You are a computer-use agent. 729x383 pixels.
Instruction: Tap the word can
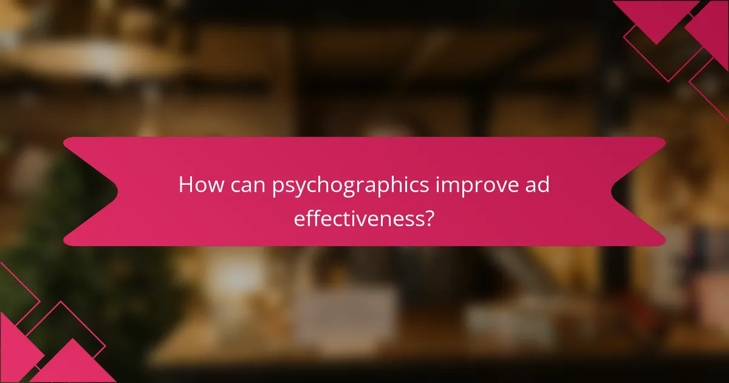click(245, 185)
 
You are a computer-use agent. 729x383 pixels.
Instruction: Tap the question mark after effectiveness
click(429, 218)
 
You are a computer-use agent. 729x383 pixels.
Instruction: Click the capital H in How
click(186, 185)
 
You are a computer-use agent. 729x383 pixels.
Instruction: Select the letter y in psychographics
click(297, 188)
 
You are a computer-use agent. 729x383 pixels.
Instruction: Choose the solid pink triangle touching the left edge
click(15, 347)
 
